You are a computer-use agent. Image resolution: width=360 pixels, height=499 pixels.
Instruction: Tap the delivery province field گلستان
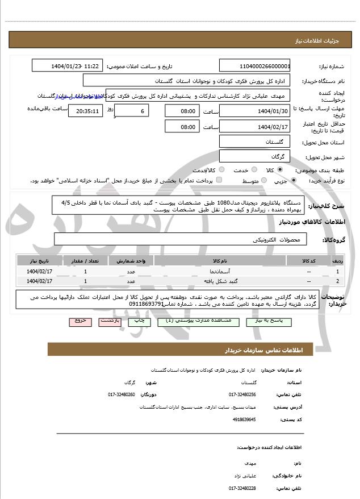coord(254,141)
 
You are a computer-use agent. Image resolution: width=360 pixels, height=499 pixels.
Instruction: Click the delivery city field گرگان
coord(254,156)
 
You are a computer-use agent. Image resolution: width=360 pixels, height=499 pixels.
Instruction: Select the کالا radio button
coord(280,170)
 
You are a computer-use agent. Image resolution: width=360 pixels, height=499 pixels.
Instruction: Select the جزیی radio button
coord(293,181)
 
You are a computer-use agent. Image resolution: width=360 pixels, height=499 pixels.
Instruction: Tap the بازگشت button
coord(110,321)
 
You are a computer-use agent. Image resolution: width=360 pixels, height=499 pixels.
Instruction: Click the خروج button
coord(80,321)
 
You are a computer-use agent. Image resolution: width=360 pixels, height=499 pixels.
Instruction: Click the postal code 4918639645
coord(244,419)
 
